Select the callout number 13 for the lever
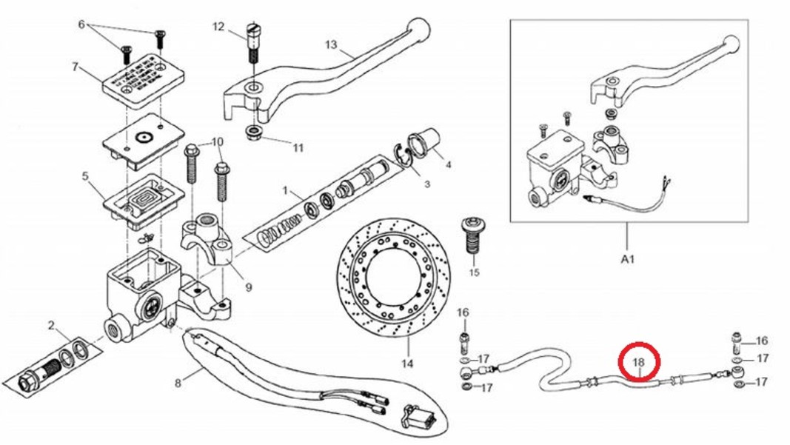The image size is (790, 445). (x=330, y=45)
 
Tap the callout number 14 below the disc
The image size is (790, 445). (x=406, y=364)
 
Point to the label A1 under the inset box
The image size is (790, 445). (x=627, y=260)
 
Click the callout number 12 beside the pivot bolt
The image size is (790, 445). (x=218, y=27)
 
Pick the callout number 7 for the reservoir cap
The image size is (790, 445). (x=75, y=67)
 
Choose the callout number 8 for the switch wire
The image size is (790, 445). (x=178, y=383)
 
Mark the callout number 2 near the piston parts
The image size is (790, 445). (x=51, y=326)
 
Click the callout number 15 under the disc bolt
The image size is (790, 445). (x=475, y=272)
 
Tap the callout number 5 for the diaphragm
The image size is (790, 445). (x=85, y=176)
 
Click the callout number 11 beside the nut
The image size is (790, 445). (x=298, y=147)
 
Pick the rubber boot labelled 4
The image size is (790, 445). (x=425, y=142)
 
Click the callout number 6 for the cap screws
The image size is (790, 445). (x=81, y=24)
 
